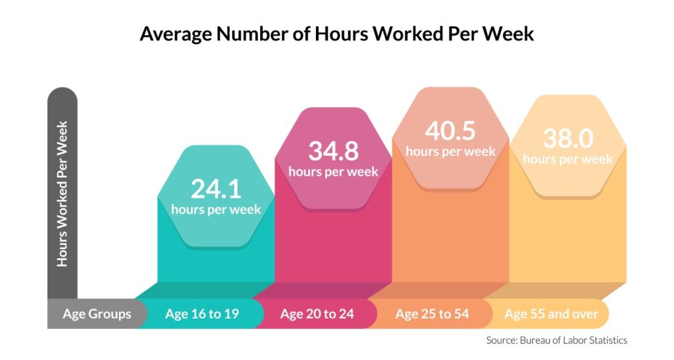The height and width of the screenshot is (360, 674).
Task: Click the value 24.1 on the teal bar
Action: click(x=216, y=189)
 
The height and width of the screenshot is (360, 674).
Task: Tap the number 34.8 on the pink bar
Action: click(x=333, y=151)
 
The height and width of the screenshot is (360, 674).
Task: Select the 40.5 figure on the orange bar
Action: click(x=450, y=130)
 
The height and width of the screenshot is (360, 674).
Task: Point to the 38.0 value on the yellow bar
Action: click(x=567, y=138)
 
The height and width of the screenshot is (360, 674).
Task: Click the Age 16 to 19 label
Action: click(x=201, y=314)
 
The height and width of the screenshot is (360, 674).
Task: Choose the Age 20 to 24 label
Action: click(x=317, y=314)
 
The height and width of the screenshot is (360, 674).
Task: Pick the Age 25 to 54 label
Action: click(x=432, y=314)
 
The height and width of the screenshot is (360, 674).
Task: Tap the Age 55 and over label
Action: click(x=551, y=314)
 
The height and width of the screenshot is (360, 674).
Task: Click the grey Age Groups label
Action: click(x=97, y=314)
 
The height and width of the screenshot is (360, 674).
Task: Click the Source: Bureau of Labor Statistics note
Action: click(x=556, y=340)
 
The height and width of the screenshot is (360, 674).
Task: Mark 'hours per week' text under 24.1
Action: click(x=216, y=210)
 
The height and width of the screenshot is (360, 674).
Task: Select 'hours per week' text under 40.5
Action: click(x=450, y=151)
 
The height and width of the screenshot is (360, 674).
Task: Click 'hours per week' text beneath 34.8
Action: click(x=333, y=172)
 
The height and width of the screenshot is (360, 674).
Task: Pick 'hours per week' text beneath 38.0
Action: click(x=567, y=159)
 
